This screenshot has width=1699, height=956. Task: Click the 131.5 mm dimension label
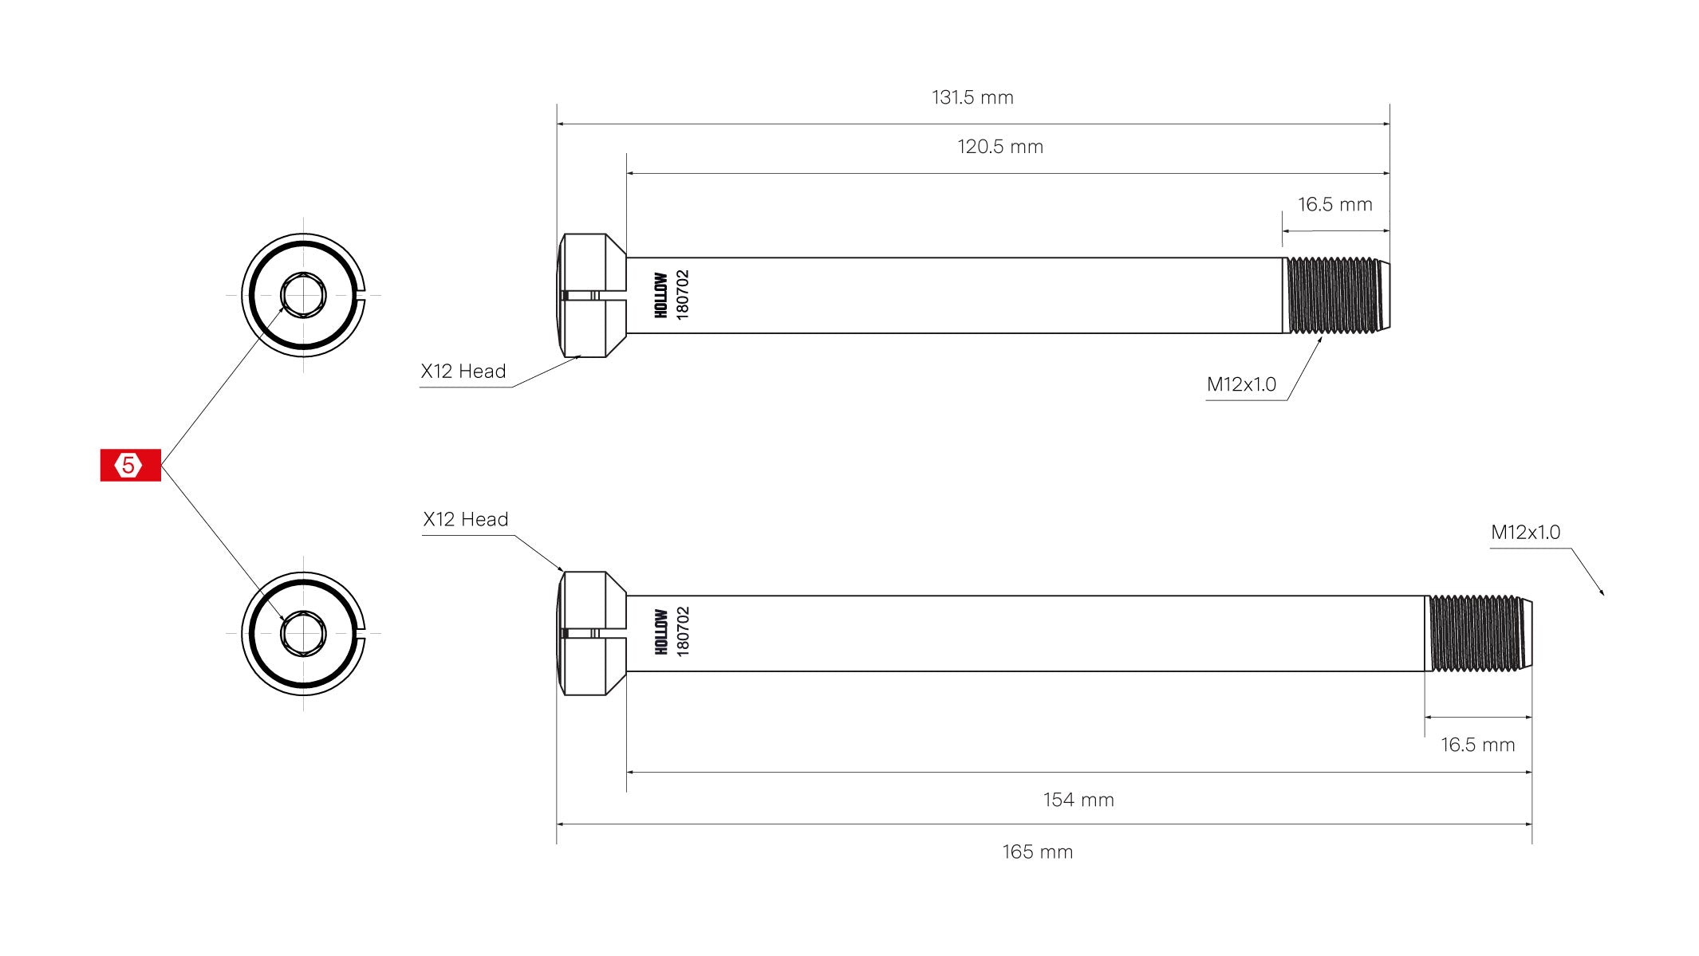[x=972, y=97]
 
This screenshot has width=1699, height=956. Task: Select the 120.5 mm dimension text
[x=1000, y=147]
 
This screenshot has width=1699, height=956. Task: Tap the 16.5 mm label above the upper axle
[x=1334, y=205]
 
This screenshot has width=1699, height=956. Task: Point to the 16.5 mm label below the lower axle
[x=1477, y=745]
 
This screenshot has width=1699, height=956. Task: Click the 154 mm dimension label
[x=1078, y=800]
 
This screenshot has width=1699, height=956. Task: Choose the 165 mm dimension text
[x=1037, y=852]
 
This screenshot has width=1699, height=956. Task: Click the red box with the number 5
[x=130, y=465]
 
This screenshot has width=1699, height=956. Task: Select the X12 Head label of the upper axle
[x=463, y=372]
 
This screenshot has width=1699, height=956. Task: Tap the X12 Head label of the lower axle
[x=466, y=520]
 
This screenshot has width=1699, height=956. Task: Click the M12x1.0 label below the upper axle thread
[x=1241, y=384]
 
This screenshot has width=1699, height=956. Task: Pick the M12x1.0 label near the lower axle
[x=1525, y=533]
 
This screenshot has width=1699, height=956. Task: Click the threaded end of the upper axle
[x=1335, y=295]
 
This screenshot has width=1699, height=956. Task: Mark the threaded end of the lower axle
[x=1477, y=633]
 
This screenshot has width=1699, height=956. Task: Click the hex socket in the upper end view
[x=303, y=295]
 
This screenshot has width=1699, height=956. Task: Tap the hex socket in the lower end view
[x=303, y=634]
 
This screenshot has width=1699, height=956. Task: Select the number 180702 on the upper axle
[x=683, y=295]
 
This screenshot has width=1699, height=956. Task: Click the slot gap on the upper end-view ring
[x=362, y=295]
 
